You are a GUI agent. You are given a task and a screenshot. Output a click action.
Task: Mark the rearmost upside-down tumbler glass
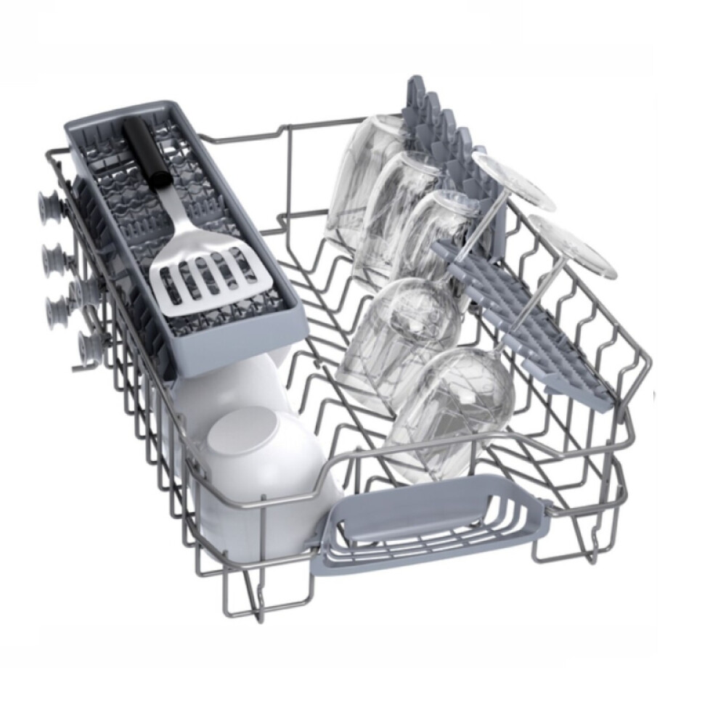[363, 174]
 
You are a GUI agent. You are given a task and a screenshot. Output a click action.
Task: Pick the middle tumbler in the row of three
[399, 211]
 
